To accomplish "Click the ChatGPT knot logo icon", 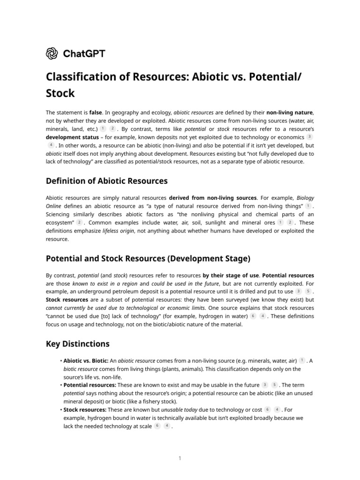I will pyautogui.click(x=52, y=53).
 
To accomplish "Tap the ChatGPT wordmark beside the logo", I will pyautogui.click(x=84, y=53).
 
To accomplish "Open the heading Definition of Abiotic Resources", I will pyautogui.click(x=106, y=181).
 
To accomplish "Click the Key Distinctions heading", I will pyautogui.click(x=77, y=344).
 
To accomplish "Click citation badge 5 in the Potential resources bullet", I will pyautogui.click(x=274, y=385).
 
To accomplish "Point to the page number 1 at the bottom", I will pyautogui.click(x=180, y=458).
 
